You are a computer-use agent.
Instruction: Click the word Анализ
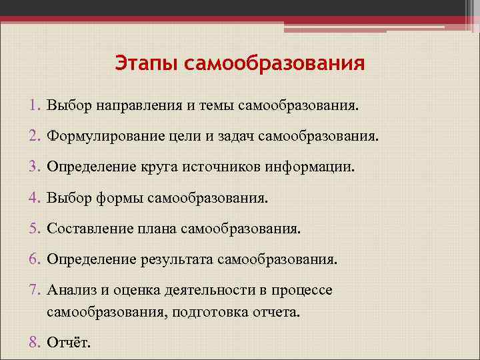click(x=70, y=291)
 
